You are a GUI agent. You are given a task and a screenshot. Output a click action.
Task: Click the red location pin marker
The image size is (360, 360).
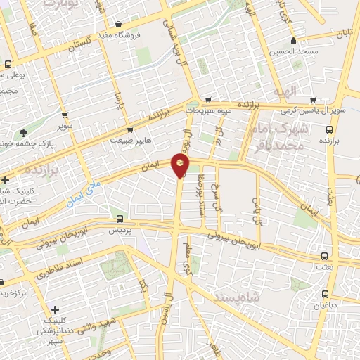(x=181, y=165)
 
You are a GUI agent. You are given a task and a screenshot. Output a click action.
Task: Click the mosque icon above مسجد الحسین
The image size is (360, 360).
(x=293, y=40)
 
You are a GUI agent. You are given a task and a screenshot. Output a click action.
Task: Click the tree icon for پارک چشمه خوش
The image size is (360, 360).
(x=25, y=132)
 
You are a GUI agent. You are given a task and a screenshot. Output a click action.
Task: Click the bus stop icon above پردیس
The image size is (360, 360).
(x=120, y=219)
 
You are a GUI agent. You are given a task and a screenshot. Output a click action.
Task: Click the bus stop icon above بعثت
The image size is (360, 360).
(x=324, y=256)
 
